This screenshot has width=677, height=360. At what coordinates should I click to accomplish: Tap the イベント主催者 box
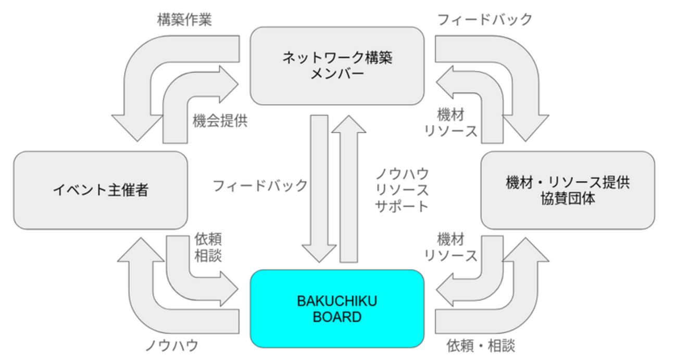coord(100,190)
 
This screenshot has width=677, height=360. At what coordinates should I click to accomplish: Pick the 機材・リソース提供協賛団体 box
coord(568,190)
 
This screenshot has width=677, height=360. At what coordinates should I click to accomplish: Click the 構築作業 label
coord(184,20)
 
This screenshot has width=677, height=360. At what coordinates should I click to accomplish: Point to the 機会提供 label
coord(220,121)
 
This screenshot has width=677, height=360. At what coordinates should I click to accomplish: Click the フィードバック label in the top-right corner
coord(484,20)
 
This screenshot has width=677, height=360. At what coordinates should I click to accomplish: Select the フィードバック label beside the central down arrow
coord(260,186)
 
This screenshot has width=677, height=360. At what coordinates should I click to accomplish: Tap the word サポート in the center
coord(402,205)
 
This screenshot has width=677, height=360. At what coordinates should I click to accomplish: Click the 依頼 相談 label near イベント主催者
coord(208,248)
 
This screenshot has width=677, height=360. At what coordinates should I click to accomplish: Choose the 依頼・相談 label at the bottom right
coord(481,345)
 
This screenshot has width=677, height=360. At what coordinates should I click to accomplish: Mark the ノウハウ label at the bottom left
coord(171,345)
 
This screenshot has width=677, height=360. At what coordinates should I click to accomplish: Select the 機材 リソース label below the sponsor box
coord(451,248)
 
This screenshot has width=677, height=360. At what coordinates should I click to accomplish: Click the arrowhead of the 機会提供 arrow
coord(230,83)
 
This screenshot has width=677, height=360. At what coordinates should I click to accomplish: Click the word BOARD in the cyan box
coord(337,317)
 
